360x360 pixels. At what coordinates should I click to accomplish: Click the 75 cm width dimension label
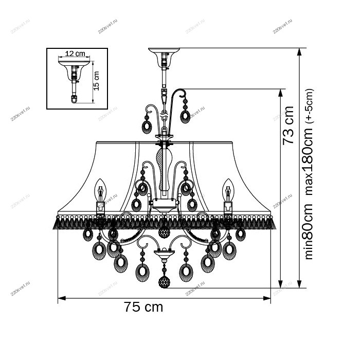(x=143, y=307)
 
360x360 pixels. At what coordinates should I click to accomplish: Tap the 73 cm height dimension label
(x=289, y=125)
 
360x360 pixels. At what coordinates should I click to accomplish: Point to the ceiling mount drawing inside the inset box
(x=75, y=77)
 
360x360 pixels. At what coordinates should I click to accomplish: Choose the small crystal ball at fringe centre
(x=164, y=232)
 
